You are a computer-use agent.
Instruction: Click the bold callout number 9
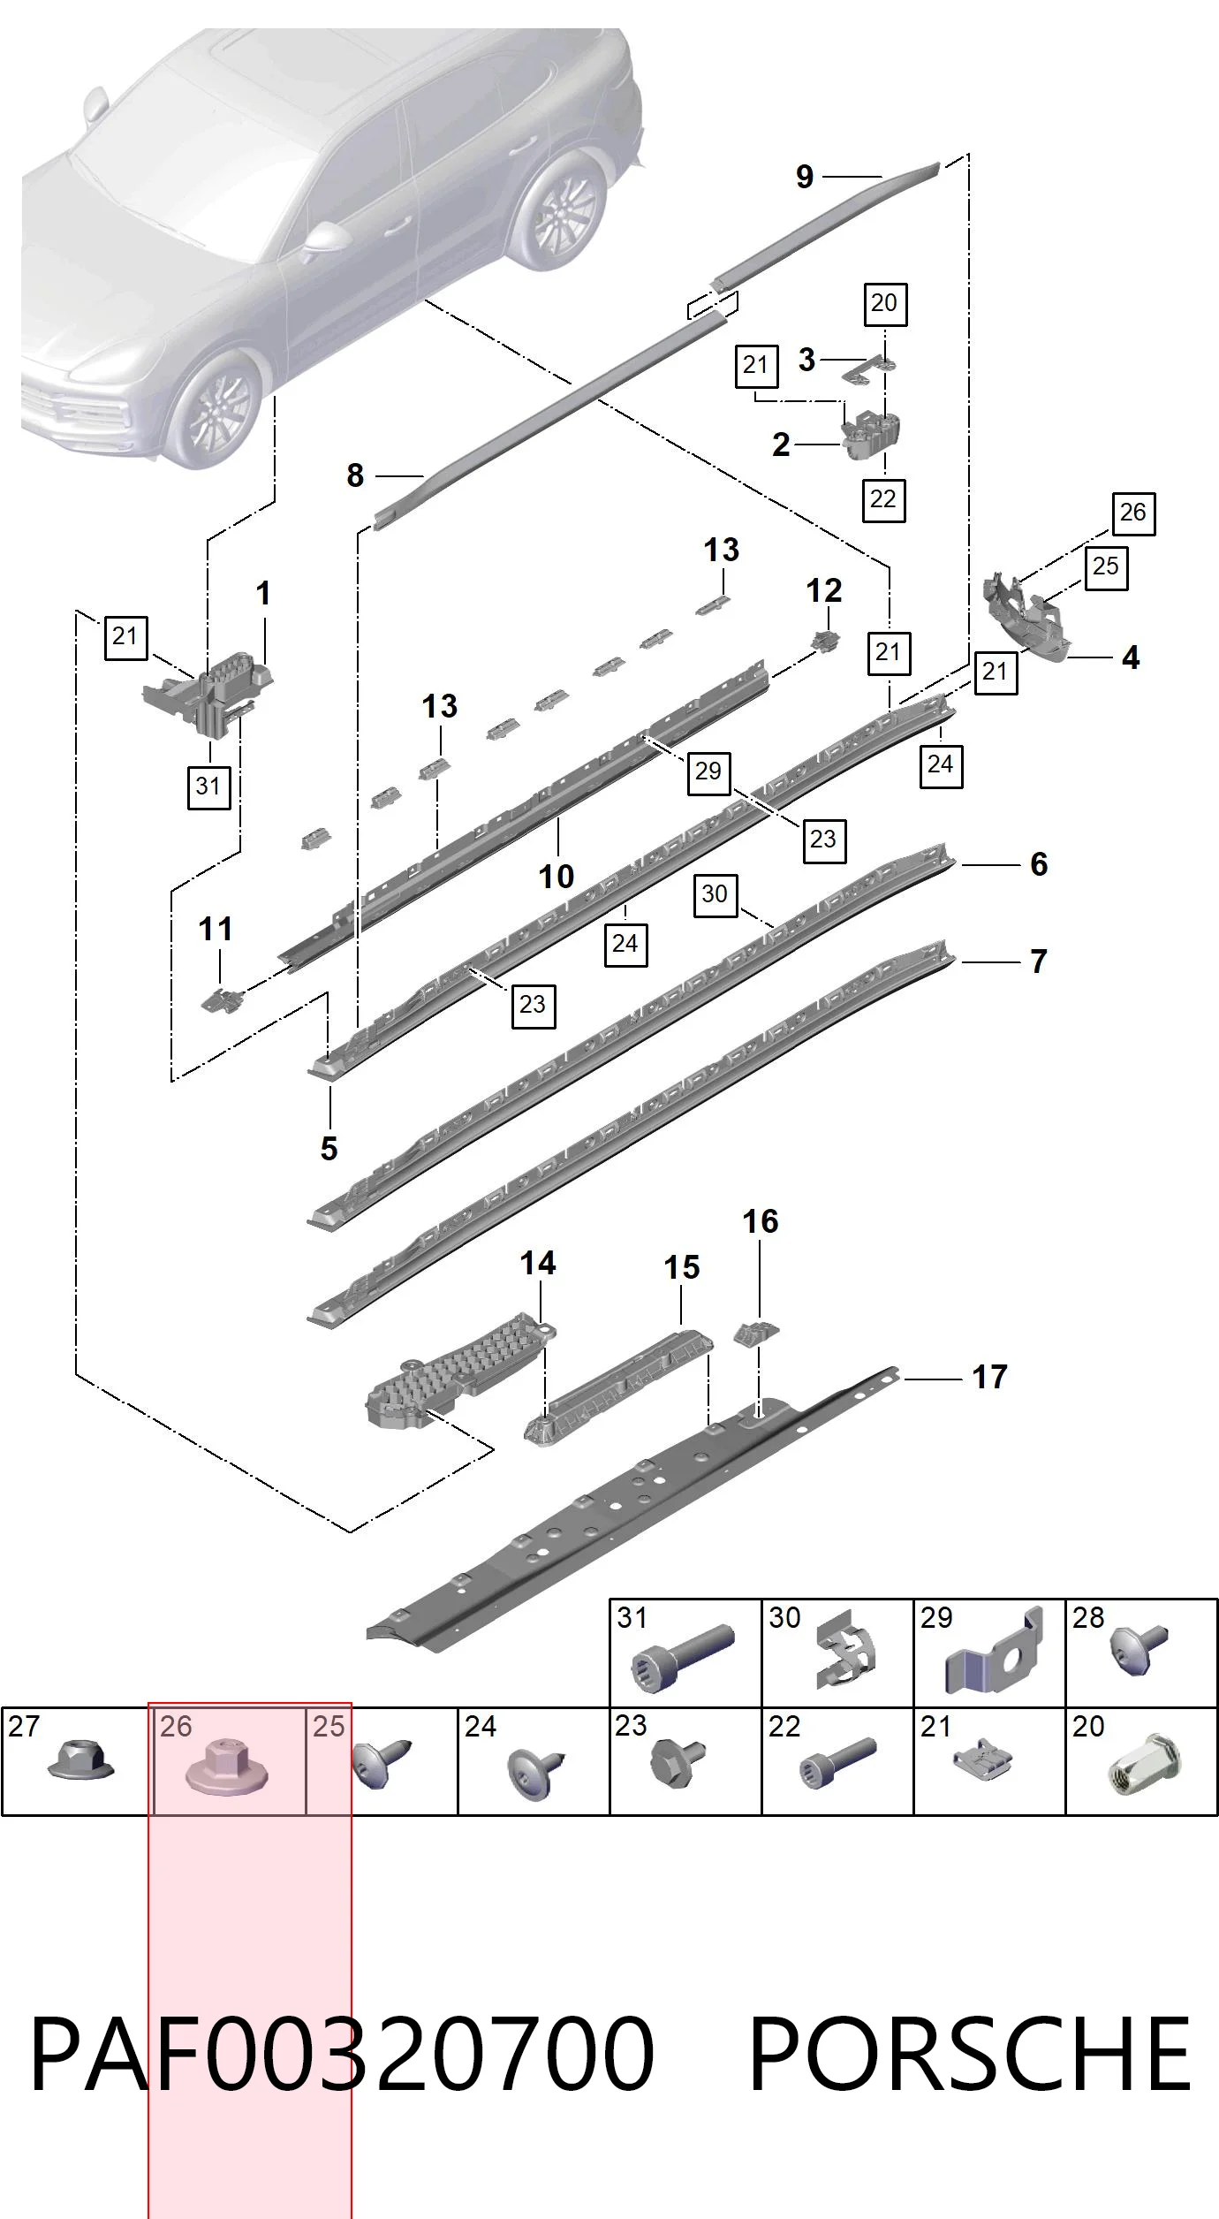[804, 177]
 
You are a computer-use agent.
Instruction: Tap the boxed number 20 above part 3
[884, 303]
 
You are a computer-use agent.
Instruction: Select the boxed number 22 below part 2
[883, 499]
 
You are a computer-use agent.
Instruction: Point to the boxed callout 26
[1133, 513]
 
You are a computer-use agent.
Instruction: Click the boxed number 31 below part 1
[208, 786]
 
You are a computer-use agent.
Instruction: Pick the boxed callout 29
[708, 771]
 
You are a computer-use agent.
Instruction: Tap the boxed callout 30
[715, 894]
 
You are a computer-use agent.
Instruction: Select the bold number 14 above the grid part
[538, 1263]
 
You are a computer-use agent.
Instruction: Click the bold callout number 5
[329, 1149]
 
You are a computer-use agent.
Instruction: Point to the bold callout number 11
[216, 929]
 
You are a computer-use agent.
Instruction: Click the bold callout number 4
[1131, 657]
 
